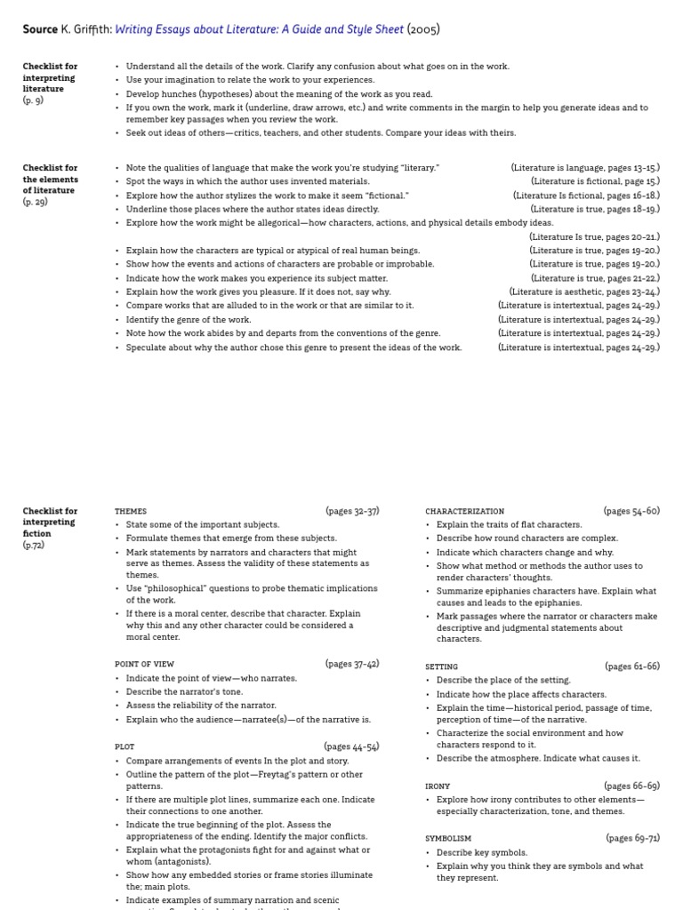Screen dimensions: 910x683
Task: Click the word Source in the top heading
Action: [40, 29]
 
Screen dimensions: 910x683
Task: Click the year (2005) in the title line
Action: [423, 29]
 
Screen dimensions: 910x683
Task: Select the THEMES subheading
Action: [131, 512]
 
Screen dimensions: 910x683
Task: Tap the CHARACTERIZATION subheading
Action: [464, 512]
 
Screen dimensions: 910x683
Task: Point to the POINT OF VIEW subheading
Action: [144, 664]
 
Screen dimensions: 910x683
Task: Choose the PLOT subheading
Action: [125, 747]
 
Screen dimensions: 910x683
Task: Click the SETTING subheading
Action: [441, 667]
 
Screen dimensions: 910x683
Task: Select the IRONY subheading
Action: [438, 786]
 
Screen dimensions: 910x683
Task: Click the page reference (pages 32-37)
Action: [352, 511]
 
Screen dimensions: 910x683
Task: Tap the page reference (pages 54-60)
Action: [631, 511]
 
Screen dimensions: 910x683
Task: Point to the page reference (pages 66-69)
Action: [631, 786]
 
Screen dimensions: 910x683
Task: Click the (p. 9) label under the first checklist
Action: [33, 100]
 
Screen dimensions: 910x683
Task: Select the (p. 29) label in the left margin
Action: [35, 202]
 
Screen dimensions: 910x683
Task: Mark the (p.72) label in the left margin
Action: [33, 545]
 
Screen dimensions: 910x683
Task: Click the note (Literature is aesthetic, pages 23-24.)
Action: [584, 291]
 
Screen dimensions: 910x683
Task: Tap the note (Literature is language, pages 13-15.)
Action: [585, 167]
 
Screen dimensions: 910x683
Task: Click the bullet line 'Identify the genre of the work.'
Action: [189, 319]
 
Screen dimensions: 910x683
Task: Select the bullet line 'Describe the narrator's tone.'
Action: [184, 691]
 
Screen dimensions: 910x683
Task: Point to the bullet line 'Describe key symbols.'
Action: [481, 852]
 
